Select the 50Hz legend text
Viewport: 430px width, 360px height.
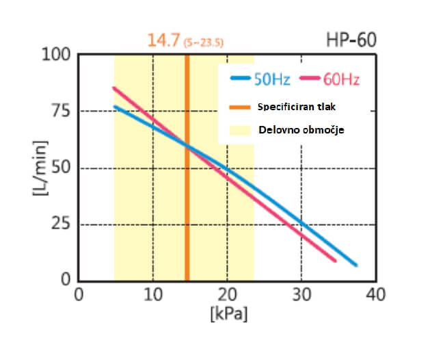point(272,79)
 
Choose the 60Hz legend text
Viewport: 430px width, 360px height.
point(341,79)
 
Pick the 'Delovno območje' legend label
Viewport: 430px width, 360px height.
point(295,129)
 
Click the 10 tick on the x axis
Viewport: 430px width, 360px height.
point(152,295)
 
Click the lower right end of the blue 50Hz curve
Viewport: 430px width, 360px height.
point(355,265)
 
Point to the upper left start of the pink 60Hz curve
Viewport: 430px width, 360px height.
point(114,88)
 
